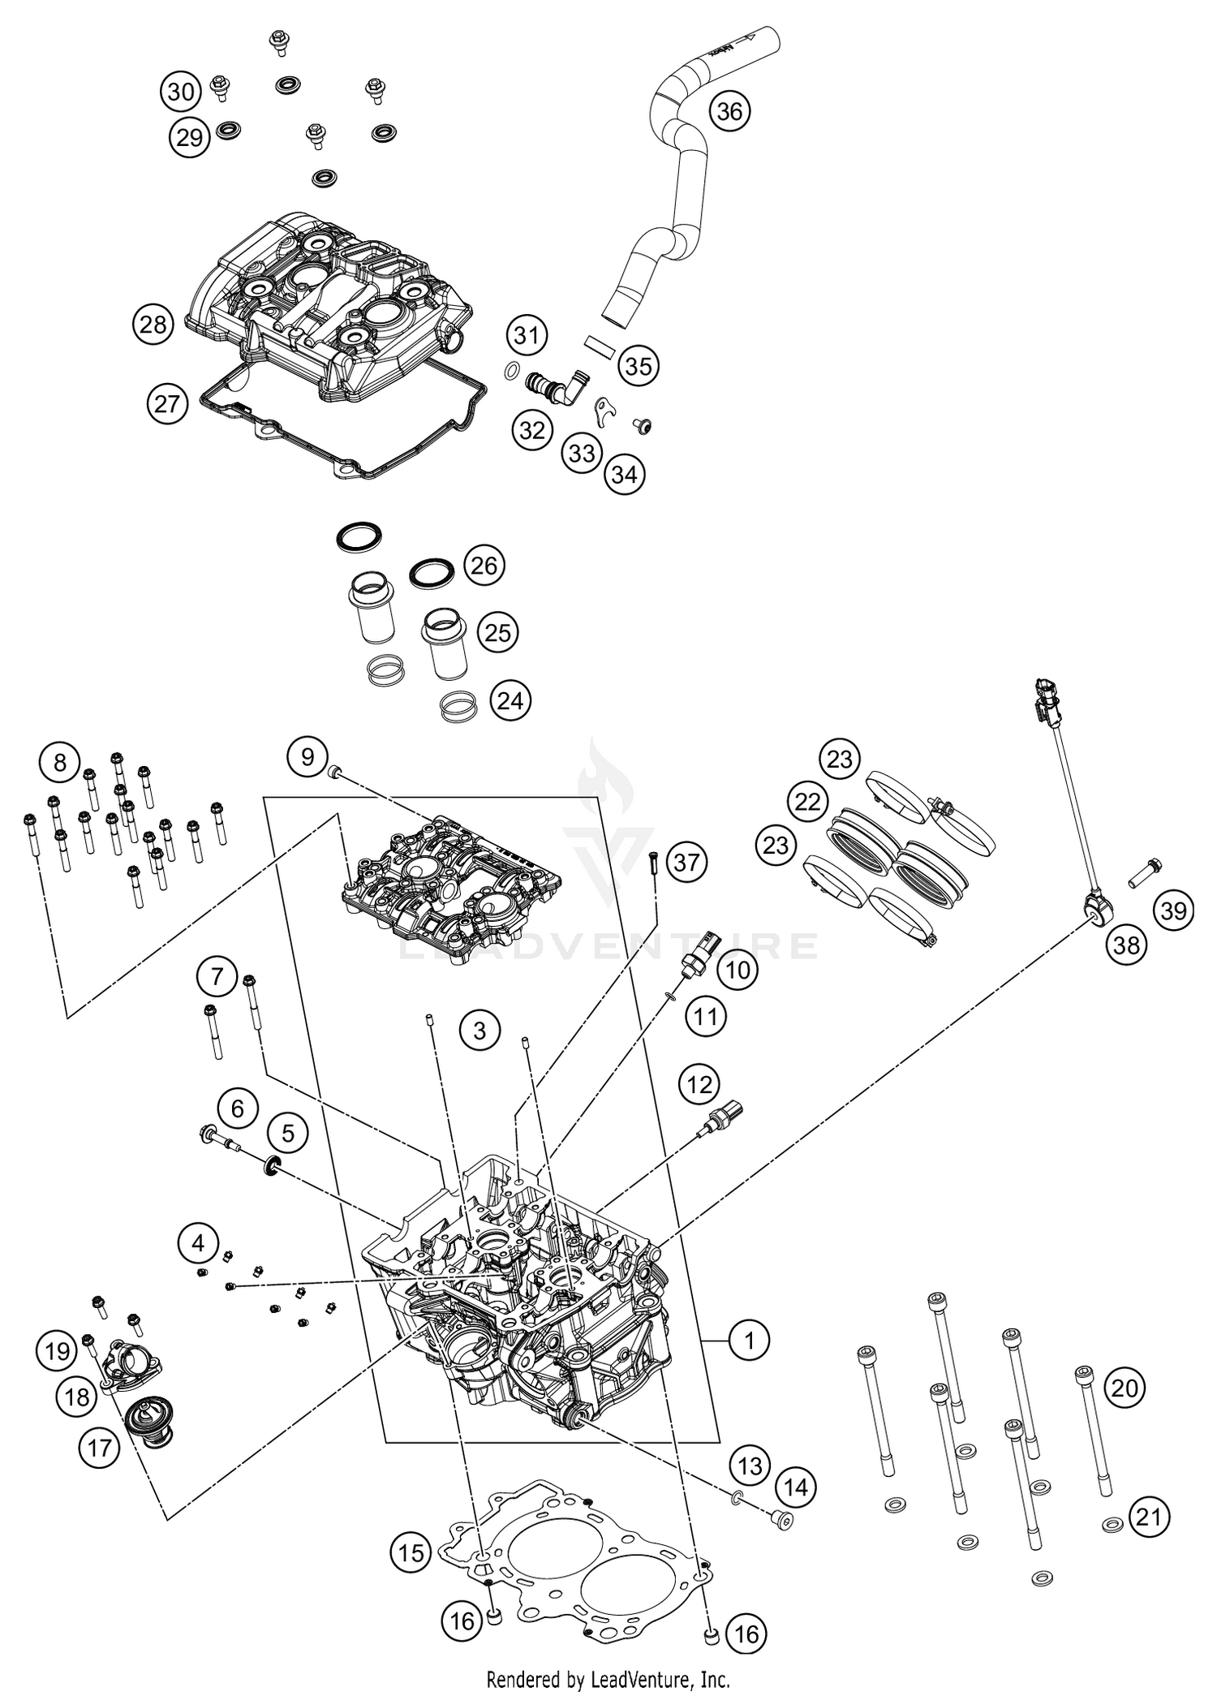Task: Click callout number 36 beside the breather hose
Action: pyautogui.click(x=729, y=110)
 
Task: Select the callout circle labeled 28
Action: pyautogui.click(x=153, y=325)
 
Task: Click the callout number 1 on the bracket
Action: pyautogui.click(x=748, y=1340)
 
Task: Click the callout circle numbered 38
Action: pyautogui.click(x=1126, y=944)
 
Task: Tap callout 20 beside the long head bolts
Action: pyautogui.click(x=1125, y=1388)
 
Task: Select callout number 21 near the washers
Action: pyautogui.click(x=1149, y=1515)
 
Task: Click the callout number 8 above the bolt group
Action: pyautogui.click(x=59, y=763)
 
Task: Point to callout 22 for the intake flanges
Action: pyautogui.click(x=807, y=802)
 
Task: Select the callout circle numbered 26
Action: pyautogui.click(x=484, y=565)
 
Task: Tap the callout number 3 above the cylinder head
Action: pyautogui.click(x=479, y=1031)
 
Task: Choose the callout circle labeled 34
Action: pyautogui.click(x=624, y=474)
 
